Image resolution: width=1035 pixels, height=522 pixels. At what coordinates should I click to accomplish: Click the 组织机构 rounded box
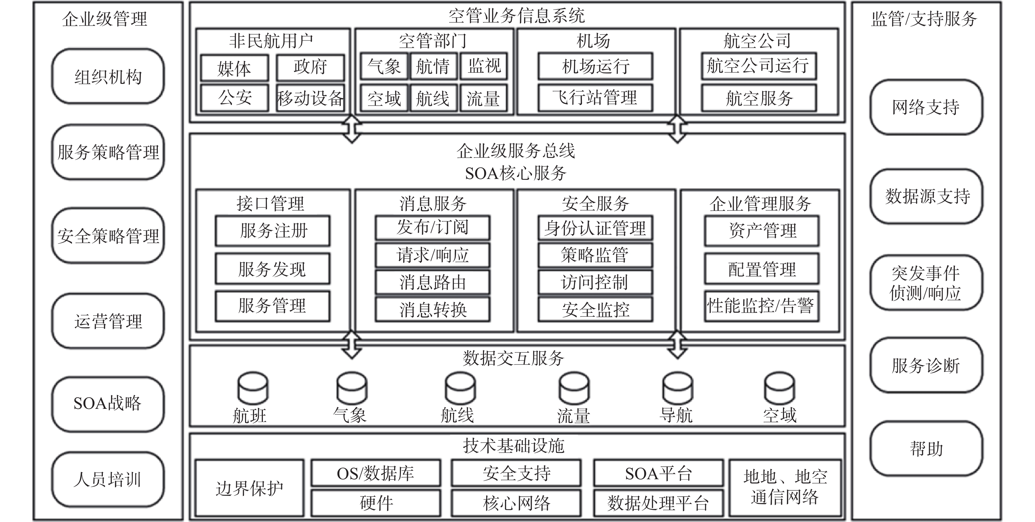point(108,76)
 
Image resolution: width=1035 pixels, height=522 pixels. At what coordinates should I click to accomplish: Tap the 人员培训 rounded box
point(108,479)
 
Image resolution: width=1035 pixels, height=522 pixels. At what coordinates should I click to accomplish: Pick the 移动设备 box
point(310,98)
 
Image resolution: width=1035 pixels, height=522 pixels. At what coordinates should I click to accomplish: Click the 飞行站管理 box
point(595,98)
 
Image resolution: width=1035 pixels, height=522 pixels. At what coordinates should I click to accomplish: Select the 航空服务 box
point(759,98)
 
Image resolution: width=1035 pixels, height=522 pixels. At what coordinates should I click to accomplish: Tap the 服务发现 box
point(272,269)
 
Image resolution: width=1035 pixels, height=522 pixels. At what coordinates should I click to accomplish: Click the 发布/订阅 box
point(432,228)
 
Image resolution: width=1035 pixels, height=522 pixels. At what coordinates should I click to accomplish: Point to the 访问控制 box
point(595,282)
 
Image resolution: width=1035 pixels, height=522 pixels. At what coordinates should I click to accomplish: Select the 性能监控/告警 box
point(761,306)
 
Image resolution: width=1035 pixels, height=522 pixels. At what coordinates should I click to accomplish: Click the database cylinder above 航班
point(253,388)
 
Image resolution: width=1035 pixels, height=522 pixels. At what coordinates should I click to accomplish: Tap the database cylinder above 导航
point(678,388)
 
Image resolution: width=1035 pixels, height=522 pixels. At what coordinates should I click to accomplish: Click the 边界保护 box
point(249,488)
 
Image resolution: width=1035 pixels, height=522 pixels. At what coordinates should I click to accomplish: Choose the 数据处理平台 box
point(658,503)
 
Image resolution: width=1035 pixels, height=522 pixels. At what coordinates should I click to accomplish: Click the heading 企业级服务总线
point(516,151)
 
